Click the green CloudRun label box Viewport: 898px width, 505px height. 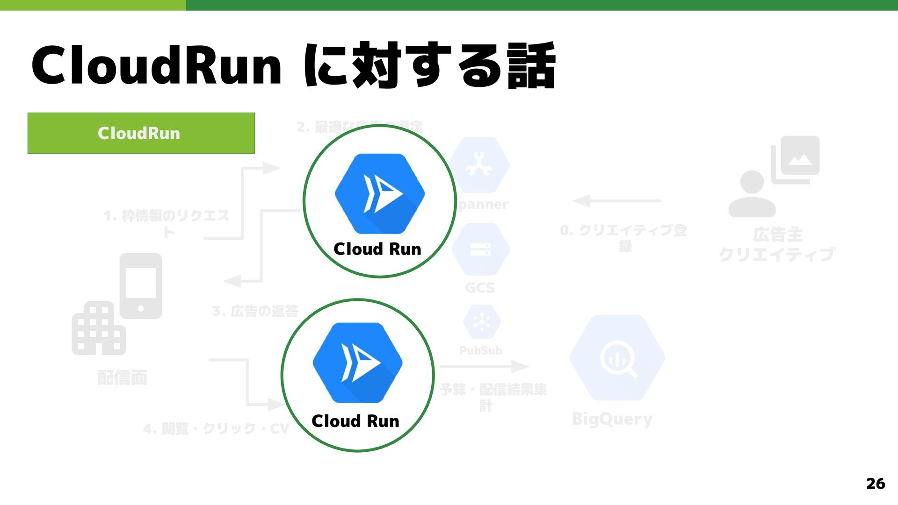[141, 133]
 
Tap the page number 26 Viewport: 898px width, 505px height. [875, 484]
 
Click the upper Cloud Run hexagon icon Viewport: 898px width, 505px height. [380, 193]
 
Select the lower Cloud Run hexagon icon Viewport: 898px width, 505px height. [357, 363]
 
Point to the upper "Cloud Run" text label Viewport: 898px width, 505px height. [377, 249]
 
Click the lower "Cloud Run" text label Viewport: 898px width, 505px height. [355, 421]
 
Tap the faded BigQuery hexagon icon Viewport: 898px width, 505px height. [617, 358]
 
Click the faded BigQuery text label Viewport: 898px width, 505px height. [612, 419]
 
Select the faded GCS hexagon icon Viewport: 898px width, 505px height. [481, 249]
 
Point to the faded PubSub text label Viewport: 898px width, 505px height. [481, 350]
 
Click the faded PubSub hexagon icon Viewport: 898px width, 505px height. [482, 322]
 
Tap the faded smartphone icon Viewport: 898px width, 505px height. [141, 286]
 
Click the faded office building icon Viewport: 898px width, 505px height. [98, 328]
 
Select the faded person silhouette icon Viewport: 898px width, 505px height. [752, 194]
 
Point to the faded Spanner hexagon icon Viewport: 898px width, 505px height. [480, 165]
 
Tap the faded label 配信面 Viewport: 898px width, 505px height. [122, 377]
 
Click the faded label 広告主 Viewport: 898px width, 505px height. [777, 235]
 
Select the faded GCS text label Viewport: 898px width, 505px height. [480, 288]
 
